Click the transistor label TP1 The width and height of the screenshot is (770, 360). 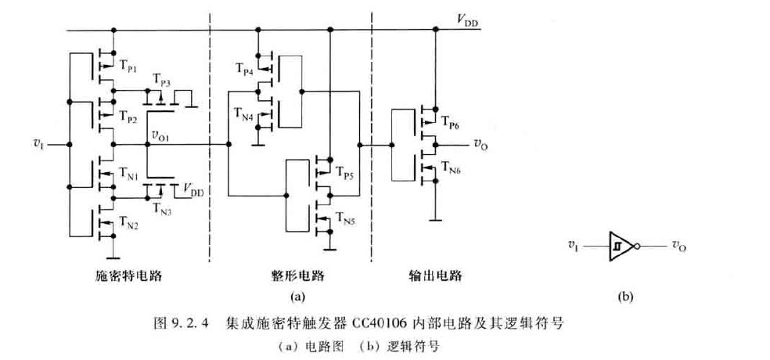[127, 68]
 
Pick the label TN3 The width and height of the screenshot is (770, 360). [161, 207]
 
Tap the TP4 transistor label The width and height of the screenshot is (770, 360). [244, 70]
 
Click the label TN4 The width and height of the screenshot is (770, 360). [243, 117]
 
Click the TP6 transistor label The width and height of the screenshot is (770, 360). [450, 123]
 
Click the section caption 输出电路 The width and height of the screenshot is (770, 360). [435, 276]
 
